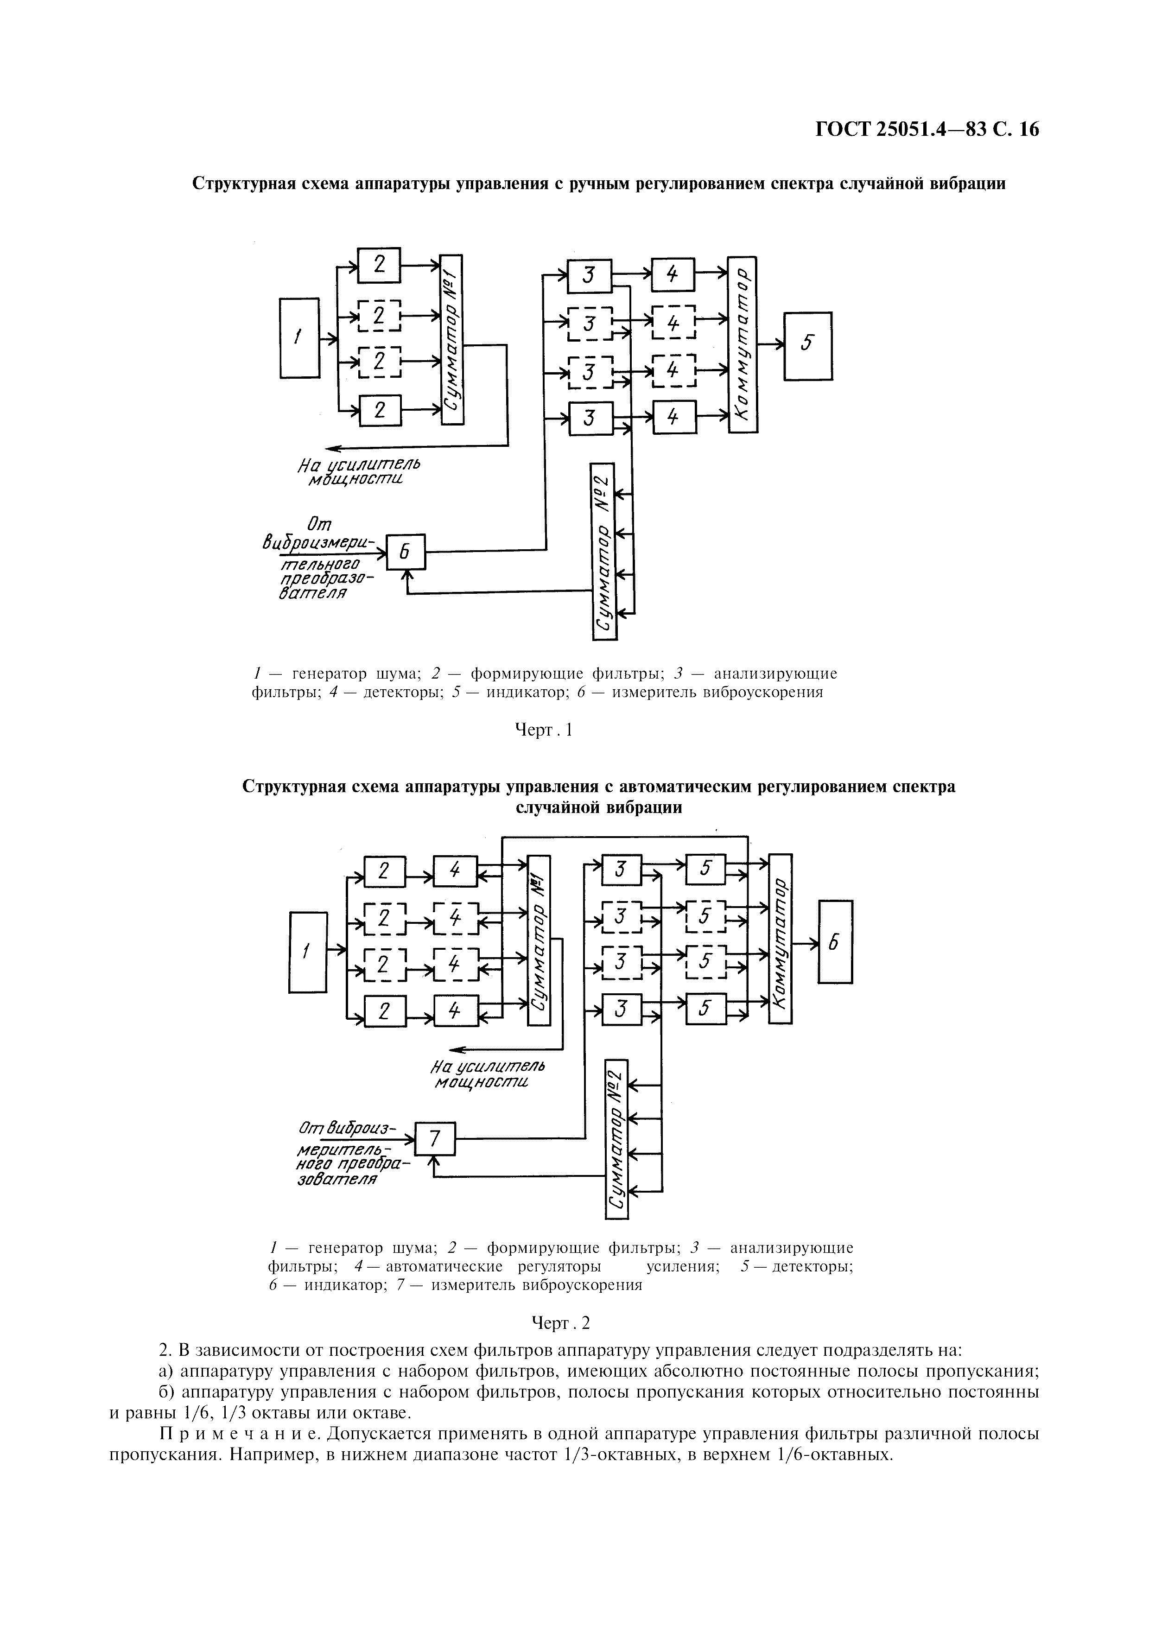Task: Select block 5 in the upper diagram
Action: [808, 346]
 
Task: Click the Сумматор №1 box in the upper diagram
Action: [451, 339]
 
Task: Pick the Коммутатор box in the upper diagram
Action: [743, 344]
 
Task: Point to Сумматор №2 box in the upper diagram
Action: [603, 551]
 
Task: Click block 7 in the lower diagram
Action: [435, 1139]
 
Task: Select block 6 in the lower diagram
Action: [835, 941]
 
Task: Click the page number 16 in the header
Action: [1028, 130]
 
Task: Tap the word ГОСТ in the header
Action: [842, 130]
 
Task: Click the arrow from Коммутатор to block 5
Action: [770, 344]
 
